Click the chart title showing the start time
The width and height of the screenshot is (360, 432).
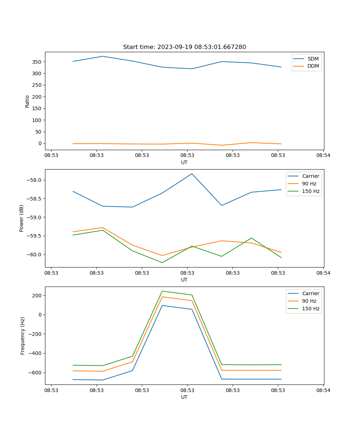(184, 47)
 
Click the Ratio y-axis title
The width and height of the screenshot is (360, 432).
(27, 101)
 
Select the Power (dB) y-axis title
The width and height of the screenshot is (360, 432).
(22, 218)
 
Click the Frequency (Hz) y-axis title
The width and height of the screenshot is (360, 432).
(23, 336)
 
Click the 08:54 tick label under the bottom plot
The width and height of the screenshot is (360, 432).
(323, 390)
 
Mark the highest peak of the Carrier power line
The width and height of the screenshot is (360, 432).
(192, 174)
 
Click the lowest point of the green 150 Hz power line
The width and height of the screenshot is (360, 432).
(162, 262)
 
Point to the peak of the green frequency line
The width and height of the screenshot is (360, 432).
(162, 291)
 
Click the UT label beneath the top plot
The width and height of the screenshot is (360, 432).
(184, 162)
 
